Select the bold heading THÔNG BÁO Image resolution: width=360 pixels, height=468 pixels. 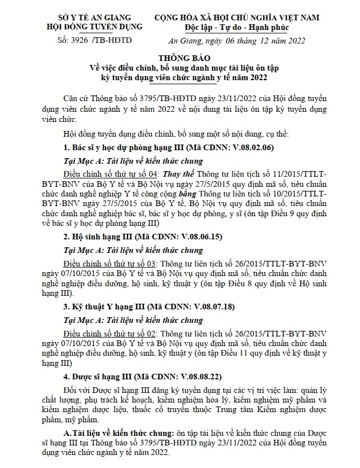(179, 58)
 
